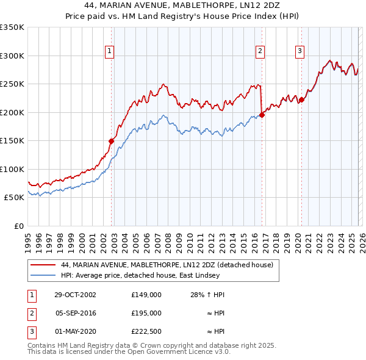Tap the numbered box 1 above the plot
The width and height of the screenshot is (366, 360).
tap(109, 52)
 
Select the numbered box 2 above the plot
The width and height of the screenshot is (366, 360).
tap(260, 52)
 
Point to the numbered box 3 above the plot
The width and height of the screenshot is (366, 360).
tap(300, 52)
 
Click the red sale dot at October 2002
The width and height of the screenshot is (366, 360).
tap(112, 141)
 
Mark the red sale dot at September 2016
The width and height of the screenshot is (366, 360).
tap(262, 115)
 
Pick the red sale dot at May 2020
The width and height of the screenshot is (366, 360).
tap(301, 100)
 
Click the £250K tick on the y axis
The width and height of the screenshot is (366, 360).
tap(13, 84)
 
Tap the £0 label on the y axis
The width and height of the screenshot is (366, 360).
tap(18, 226)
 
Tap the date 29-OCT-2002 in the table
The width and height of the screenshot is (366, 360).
tap(75, 295)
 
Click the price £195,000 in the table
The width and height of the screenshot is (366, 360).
tap(146, 313)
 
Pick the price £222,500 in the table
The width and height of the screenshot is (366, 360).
tap(146, 331)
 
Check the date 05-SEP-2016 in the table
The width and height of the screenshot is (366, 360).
tap(75, 313)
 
